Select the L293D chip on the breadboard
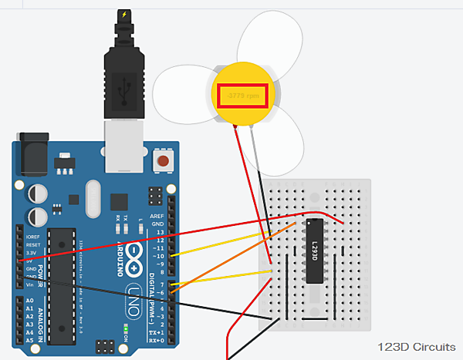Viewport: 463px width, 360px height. click(x=315, y=250)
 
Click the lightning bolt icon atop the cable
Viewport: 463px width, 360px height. click(x=124, y=15)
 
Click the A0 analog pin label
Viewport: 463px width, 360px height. click(x=30, y=300)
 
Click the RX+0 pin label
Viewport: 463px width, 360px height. click(x=159, y=340)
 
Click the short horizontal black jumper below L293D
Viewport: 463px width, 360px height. click(x=315, y=318)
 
